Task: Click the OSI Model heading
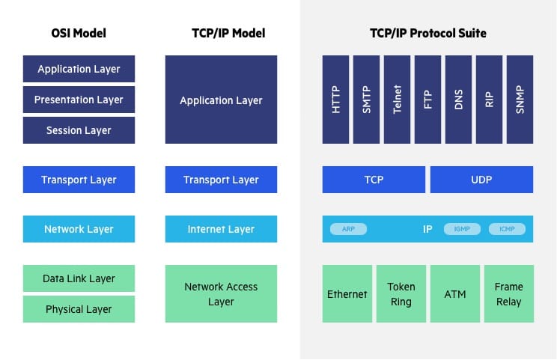pyautogui.click(x=79, y=33)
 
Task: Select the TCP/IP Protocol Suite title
pyautogui.click(x=427, y=33)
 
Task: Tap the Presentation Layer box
pyautogui.click(x=79, y=100)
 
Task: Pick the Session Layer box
pyautogui.click(x=79, y=130)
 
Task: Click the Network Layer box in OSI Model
pyautogui.click(x=79, y=229)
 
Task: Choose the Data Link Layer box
pyautogui.click(x=79, y=278)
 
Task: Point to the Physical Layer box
pyautogui.click(x=79, y=309)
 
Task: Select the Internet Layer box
pyautogui.click(x=221, y=229)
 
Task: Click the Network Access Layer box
pyautogui.click(x=221, y=293)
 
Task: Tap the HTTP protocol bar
pyautogui.click(x=335, y=99)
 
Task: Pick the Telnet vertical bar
pyautogui.click(x=397, y=99)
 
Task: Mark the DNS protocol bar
pyautogui.click(x=458, y=99)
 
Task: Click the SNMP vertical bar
pyautogui.click(x=520, y=99)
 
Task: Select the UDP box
pyautogui.click(x=481, y=180)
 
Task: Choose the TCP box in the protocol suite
pyautogui.click(x=374, y=180)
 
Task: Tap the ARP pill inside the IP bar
pyautogui.click(x=348, y=229)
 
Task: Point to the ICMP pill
pyautogui.click(x=507, y=229)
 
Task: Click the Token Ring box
pyautogui.click(x=401, y=293)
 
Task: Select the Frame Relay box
pyautogui.click(x=508, y=293)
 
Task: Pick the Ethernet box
pyautogui.click(x=347, y=293)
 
